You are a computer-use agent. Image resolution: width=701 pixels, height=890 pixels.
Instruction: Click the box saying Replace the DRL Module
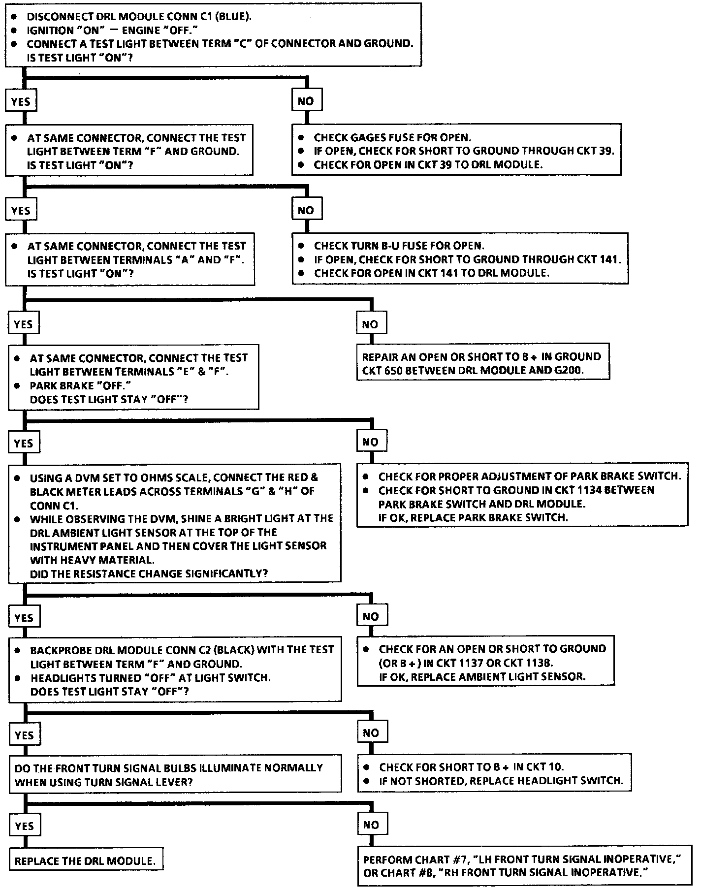pos(85,861)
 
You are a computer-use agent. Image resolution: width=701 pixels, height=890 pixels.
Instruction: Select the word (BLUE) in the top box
pos(232,16)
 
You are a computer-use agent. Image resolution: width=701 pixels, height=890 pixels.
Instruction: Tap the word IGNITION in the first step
pos(50,30)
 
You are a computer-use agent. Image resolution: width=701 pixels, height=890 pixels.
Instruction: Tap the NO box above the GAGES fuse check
pos(306,101)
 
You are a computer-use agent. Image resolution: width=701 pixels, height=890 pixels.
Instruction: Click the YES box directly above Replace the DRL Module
pos(24,826)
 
